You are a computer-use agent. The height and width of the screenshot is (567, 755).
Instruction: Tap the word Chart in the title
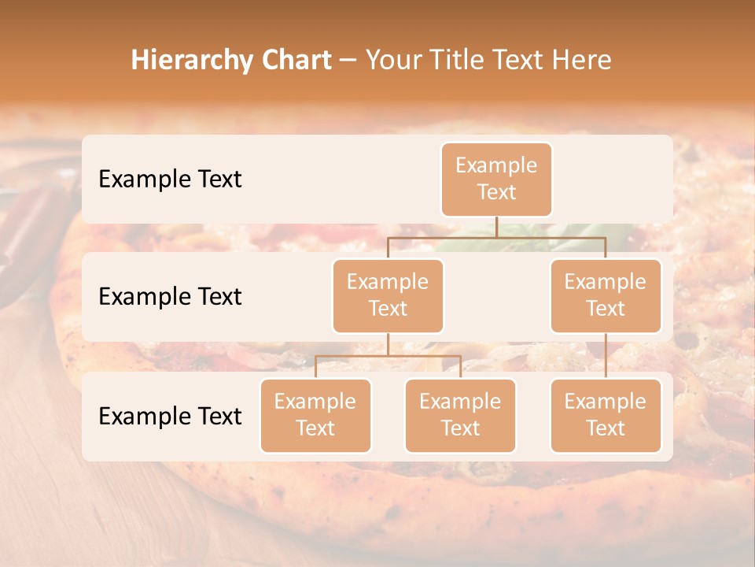click(x=295, y=61)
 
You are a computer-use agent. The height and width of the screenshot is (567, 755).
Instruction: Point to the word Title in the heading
click(x=455, y=61)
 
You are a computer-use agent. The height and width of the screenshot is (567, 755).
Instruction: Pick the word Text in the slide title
click(x=520, y=61)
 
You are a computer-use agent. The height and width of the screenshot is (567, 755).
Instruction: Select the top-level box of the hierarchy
click(x=496, y=179)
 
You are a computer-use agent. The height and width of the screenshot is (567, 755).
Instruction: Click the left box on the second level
click(x=388, y=295)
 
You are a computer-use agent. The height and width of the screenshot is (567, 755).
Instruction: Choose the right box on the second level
click(x=606, y=295)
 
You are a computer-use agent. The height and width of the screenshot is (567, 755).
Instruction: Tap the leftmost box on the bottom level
click(x=315, y=415)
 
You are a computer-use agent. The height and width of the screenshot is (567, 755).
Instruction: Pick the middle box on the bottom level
click(x=460, y=415)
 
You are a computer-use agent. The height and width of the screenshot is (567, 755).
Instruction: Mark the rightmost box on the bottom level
click(x=606, y=415)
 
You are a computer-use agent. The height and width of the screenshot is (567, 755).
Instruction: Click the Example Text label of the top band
click(x=170, y=179)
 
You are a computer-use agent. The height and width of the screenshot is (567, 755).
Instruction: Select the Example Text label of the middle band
click(x=170, y=296)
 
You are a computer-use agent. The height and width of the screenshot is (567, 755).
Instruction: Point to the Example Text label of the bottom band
click(x=170, y=416)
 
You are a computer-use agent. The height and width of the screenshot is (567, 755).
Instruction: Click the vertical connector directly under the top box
click(x=496, y=227)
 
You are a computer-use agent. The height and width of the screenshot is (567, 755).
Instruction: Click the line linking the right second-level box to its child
click(x=606, y=356)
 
